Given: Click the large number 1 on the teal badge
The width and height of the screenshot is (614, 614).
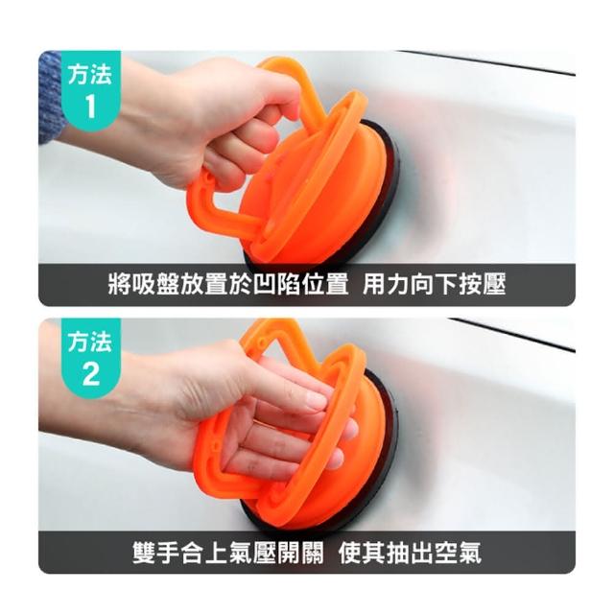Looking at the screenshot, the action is tap(90, 106).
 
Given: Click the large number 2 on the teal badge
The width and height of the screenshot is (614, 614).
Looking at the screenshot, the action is tap(91, 374).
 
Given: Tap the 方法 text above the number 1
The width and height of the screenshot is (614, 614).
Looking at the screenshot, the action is tap(90, 74).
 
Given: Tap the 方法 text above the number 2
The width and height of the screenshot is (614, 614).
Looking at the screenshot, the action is tap(90, 342).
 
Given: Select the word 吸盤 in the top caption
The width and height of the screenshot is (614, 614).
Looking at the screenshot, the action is tap(155, 284).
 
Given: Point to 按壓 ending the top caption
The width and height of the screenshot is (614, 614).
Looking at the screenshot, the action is tap(483, 284).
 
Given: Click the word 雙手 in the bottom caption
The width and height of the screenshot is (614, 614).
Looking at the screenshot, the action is tap(156, 553).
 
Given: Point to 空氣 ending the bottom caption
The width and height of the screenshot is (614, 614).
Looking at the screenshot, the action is tap(458, 553).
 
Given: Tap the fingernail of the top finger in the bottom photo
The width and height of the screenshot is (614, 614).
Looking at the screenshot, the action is tap(316, 400).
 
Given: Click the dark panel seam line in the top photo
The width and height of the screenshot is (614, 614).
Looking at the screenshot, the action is tap(485, 61).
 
